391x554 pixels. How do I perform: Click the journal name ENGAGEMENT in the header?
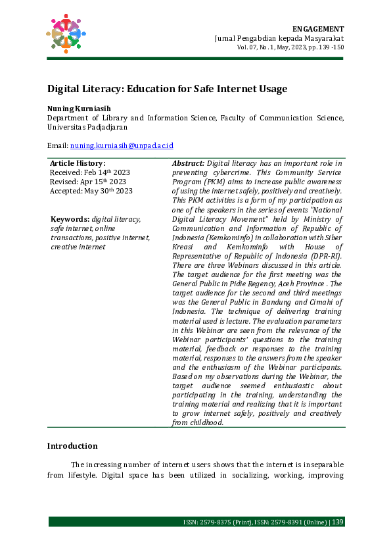317,29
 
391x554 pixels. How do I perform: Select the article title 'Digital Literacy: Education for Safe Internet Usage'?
167,89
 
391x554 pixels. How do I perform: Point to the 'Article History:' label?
78,163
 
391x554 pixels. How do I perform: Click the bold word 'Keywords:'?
71,219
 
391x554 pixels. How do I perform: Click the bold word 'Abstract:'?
189,163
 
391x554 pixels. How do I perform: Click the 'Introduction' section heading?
72,446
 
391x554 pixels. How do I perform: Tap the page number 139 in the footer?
338,522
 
